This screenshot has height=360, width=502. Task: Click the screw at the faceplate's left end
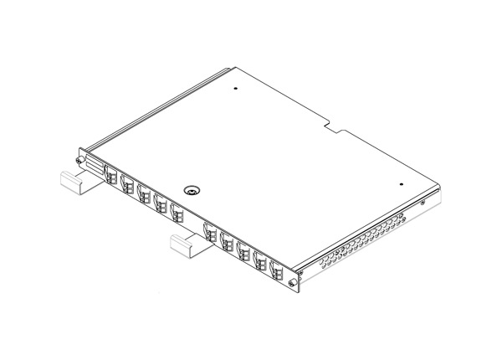(x=78, y=161)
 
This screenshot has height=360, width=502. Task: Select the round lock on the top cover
(x=192, y=191)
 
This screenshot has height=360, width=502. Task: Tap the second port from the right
(x=259, y=259)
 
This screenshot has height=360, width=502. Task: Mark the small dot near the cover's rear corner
(x=238, y=89)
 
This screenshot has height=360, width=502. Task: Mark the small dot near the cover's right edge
(x=402, y=184)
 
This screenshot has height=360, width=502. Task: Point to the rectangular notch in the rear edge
(x=339, y=126)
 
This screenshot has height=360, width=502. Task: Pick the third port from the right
(x=243, y=249)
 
